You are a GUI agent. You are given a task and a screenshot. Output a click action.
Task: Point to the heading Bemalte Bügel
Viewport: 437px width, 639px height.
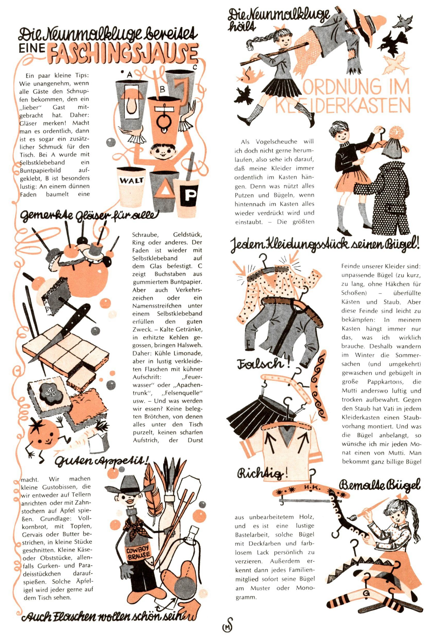pyautogui.click(x=380, y=486)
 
